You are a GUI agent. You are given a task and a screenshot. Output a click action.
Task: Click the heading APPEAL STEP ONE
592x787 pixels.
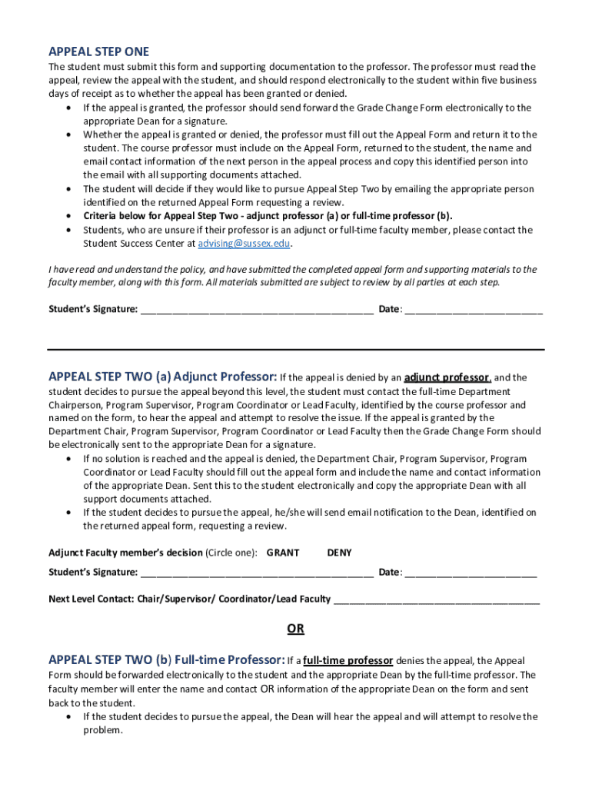[x=98, y=52]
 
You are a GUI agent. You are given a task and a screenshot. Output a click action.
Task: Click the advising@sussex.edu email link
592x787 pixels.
[x=244, y=244]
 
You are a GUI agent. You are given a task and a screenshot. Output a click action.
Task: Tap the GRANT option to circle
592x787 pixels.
[x=283, y=553]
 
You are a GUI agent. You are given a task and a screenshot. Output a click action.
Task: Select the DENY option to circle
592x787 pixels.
[x=339, y=553]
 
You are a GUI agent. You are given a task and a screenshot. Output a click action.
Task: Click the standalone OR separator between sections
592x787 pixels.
[x=295, y=629]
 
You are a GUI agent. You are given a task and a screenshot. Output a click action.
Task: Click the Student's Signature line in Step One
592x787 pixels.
[x=257, y=310]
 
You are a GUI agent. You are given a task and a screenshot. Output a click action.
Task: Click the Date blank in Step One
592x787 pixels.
[x=473, y=310]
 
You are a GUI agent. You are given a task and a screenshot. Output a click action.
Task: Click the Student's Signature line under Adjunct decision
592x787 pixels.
[x=257, y=573]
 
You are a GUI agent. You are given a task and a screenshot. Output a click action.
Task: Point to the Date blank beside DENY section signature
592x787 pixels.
[x=470, y=573]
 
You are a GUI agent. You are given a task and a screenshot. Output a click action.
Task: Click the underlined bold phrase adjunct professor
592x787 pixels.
[x=447, y=377]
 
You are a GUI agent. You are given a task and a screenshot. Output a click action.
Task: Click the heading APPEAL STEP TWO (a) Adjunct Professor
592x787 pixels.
[x=162, y=377]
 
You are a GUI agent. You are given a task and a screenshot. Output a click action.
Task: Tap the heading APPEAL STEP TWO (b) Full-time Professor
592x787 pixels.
[x=167, y=659]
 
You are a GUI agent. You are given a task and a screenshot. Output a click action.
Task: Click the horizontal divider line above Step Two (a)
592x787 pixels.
[x=295, y=350]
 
